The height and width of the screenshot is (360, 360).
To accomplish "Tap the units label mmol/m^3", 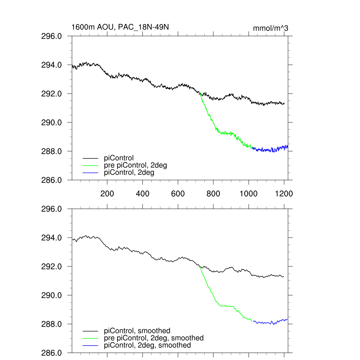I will [271, 28].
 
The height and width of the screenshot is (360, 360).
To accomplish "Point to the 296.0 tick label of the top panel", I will [52, 36].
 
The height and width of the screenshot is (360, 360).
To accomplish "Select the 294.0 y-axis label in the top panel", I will [52, 65].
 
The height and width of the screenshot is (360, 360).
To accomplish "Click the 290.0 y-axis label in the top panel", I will [52, 123].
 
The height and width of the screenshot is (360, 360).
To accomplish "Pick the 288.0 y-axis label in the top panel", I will [52, 152].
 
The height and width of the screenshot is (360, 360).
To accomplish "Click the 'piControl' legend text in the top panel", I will [119, 158].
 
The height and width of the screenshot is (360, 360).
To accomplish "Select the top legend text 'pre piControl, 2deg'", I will [135, 165].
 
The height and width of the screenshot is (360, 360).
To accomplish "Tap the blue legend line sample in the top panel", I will [90, 173].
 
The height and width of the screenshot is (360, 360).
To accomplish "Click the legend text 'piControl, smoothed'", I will [137, 331].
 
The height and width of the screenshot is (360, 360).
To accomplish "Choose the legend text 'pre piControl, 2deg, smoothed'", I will [154, 338].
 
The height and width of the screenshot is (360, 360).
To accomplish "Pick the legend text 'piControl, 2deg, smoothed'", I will [147, 345].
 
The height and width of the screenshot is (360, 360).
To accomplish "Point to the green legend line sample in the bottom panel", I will [90, 338].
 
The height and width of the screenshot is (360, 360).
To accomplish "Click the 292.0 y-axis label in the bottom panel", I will [52, 266].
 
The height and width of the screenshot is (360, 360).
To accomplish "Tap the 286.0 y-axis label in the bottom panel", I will [52, 353].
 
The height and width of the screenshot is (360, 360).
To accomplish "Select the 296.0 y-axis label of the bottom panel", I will [52, 209].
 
